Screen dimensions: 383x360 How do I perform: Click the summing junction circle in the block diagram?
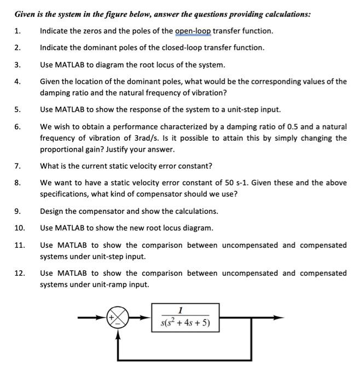point(121,317)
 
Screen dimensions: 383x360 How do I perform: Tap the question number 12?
point(20,273)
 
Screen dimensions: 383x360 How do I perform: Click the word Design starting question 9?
point(53,211)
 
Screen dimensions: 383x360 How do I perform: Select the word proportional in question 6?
point(62,149)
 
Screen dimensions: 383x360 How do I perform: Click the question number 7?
point(18,166)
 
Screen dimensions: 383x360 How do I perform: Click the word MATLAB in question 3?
point(71,65)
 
